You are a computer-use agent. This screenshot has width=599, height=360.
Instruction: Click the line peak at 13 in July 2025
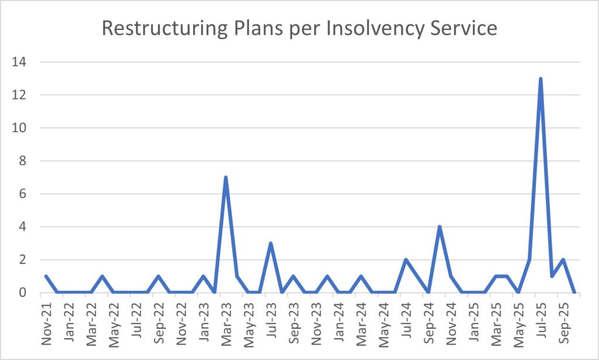(x=541, y=78)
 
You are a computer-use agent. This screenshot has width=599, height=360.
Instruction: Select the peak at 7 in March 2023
(x=225, y=177)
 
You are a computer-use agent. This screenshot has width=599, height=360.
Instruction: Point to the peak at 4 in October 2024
(x=439, y=227)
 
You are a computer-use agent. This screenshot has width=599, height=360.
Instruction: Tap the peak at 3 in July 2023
(x=270, y=243)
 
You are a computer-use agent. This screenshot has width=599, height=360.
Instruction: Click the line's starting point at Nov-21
(x=46, y=276)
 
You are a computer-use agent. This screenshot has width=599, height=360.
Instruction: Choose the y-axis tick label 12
(x=25, y=95)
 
